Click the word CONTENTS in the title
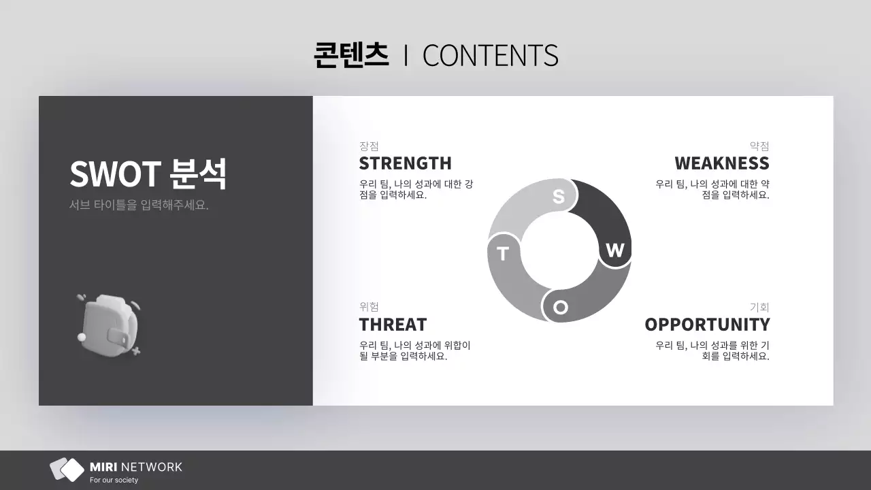tap(490, 56)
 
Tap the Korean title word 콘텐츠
tap(351, 55)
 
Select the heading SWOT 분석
tap(148, 174)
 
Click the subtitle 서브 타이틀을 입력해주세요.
tap(139, 205)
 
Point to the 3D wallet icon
tap(109, 324)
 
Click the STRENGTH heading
tap(405, 163)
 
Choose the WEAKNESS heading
tap(722, 163)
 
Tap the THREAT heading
tap(393, 324)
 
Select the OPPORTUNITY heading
tap(707, 324)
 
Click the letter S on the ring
tap(559, 197)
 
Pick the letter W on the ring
tap(614, 250)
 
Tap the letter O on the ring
tap(560, 307)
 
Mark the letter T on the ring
tap(503, 254)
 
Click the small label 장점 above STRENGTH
tap(369, 146)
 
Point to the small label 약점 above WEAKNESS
tap(759, 146)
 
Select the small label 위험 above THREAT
tap(369, 307)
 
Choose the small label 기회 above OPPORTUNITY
tap(759, 307)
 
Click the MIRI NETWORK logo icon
tap(67, 470)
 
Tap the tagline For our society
tap(114, 480)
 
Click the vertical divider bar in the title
tap(406, 56)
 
